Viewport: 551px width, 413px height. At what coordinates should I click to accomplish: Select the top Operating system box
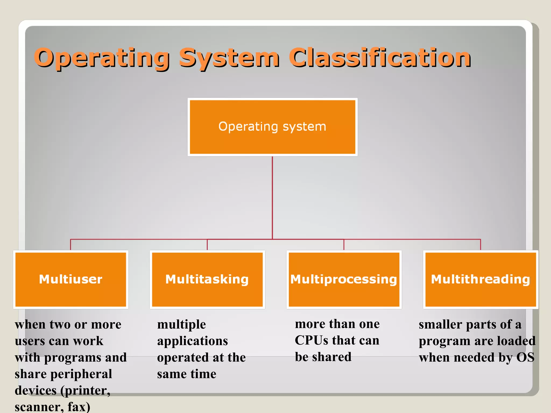click(272, 127)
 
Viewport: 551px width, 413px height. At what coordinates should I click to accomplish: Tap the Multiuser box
click(70, 279)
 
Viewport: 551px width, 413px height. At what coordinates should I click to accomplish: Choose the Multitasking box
click(207, 279)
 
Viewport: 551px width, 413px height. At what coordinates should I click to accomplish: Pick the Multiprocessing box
click(344, 279)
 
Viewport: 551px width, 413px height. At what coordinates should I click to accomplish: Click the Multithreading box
click(481, 279)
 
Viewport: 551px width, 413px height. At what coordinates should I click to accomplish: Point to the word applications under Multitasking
click(192, 341)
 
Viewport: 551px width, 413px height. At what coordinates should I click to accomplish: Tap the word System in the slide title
click(229, 58)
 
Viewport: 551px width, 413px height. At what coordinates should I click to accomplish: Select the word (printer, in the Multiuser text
click(86, 391)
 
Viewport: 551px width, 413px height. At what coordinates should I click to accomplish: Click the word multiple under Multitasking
click(182, 325)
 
